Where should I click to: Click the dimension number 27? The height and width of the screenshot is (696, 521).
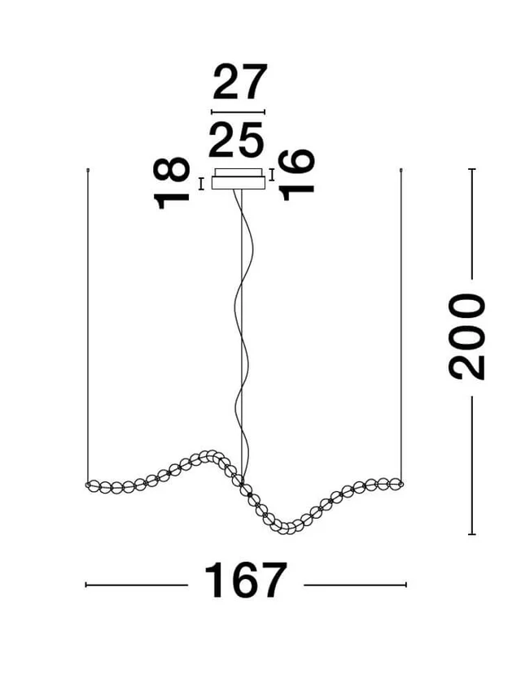tap(239, 83)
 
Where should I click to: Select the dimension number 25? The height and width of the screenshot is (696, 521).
tap(237, 140)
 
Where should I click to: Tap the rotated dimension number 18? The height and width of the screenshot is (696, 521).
tap(173, 184)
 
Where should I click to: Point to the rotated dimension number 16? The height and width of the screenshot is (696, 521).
tap(298, 173)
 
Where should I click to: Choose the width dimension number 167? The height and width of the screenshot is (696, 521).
tap(245, 581)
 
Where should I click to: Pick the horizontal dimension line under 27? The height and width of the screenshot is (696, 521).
tap(238, 111)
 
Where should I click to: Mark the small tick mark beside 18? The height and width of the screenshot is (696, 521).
tap(201, 184)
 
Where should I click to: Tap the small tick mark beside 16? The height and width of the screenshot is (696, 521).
tap(272, 174)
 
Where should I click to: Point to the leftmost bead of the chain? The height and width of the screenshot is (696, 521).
tap(91, 486)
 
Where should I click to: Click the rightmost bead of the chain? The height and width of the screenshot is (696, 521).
tap(397, 482)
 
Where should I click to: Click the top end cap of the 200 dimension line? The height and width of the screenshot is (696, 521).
tap(471, 169)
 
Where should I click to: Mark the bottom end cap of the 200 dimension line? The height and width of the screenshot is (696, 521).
tap(471, 534)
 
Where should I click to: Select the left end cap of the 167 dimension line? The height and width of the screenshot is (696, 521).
tap(86, 584)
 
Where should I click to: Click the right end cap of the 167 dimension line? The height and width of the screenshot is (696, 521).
tap(405, 584)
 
